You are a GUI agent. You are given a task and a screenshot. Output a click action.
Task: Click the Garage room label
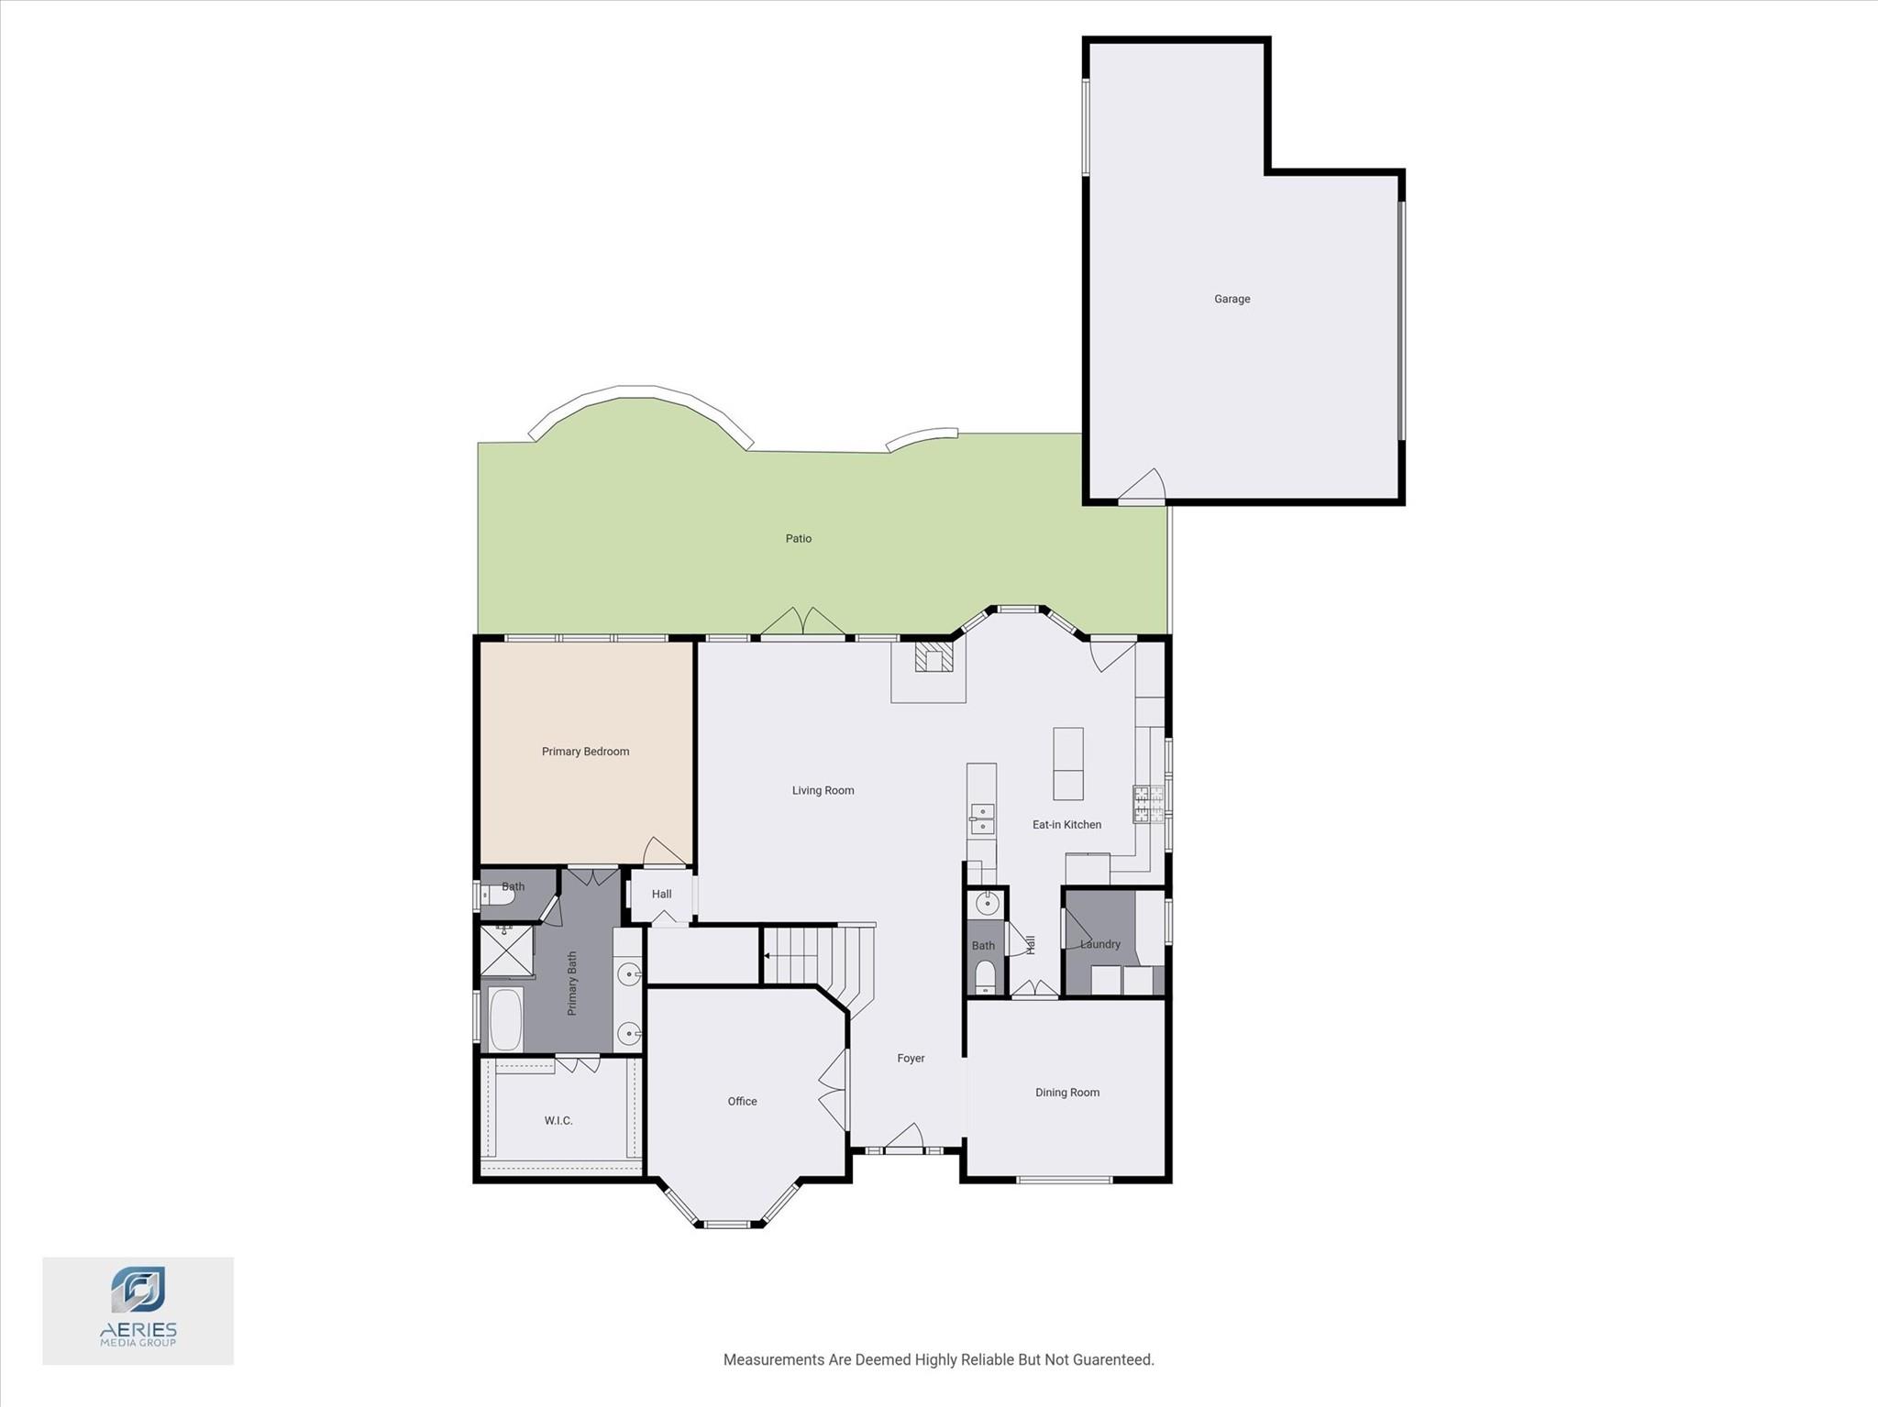click(x=1232, y=299)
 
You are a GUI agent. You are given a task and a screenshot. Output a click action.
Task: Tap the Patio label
click(x=798, y=538)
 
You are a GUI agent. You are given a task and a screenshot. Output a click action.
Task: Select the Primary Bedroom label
click(x=585, y=752)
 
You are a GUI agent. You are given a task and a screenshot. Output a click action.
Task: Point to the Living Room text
click(x=823, y=790)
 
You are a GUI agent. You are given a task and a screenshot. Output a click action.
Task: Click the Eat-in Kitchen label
click(x=1066, y=824)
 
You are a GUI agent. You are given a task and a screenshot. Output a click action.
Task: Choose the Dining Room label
click(x=1066, y=1092)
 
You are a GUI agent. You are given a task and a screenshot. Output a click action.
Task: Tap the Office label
click(x=742, y=1101)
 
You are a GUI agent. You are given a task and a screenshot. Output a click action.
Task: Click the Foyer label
click(x=911, y=1058)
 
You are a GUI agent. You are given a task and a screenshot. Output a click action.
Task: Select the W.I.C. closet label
click(x=558, y=1120)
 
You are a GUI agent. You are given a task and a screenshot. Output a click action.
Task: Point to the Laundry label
click(x=1099, y=944)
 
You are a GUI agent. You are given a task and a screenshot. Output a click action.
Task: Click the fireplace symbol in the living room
click(x=933, y=658)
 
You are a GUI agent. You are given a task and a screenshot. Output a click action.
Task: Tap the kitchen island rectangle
click(x=1067, y=764)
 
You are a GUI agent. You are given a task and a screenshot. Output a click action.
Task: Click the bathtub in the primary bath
click(x=504, y=1019)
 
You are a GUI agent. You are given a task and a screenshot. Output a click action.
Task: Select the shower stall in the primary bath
click(x=506, y=951)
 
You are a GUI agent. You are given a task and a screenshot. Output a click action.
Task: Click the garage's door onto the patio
click(x=1142, y=489)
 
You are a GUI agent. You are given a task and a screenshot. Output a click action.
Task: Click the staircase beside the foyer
click(x=807, y=956)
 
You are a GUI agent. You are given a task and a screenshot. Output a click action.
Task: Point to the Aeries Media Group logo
click(x=138, y=1310)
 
